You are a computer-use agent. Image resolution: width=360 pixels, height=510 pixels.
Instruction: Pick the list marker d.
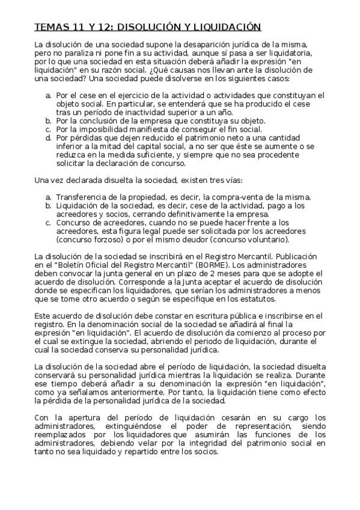click(x=49, y=137)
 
